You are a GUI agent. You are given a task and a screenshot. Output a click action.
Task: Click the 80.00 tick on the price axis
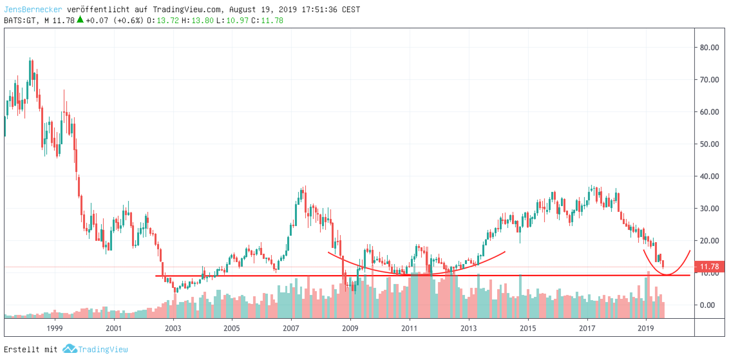pyautogui.click(x=709, y=47)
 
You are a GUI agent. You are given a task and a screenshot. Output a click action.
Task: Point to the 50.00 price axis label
pyautogui.click(x=709, y=144)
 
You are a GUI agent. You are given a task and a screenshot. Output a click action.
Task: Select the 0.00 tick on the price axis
pyautogui.click(x=710, y=305)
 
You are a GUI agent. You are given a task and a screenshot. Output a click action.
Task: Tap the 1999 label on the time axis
pyautogui.click(x=55, y=328)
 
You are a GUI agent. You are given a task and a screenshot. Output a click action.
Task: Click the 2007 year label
pyautogui.click(x=290, y=328)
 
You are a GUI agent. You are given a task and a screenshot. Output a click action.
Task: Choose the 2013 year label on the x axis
pyautogui.click(x=469, y=328)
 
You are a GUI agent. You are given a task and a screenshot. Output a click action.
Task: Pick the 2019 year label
pyautogui.click(x=647, y=328)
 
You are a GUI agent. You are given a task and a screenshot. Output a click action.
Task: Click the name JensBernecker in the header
pyautogui.click(x=33, y=10)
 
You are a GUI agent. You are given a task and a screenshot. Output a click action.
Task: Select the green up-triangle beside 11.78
pyautogui.click(x=80, y=19)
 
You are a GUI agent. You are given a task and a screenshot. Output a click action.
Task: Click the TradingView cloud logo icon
pyautogui.click(x=70, y=349)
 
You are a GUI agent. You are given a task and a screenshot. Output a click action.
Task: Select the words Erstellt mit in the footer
pyautogui.click(x=30, y=350)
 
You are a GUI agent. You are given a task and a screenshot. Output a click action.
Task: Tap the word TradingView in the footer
pyautogui.click(x=103, y=350)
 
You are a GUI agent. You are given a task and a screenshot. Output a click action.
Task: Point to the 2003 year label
pyautogui.click(x=173, y=328)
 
